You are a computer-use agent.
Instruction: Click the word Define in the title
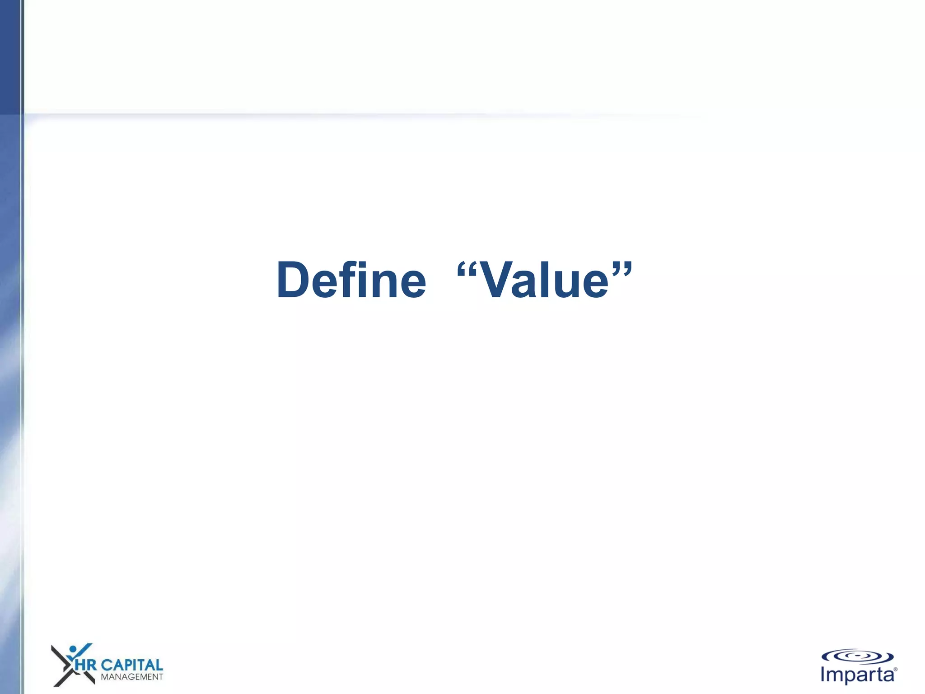point(351,280)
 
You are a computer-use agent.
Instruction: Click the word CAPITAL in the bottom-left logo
point(131,665)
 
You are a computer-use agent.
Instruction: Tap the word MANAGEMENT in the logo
point(131,677)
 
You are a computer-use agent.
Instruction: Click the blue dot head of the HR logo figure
point(72,649)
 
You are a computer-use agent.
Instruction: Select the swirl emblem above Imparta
point(857,656)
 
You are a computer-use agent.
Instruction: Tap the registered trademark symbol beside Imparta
point(895,669)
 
